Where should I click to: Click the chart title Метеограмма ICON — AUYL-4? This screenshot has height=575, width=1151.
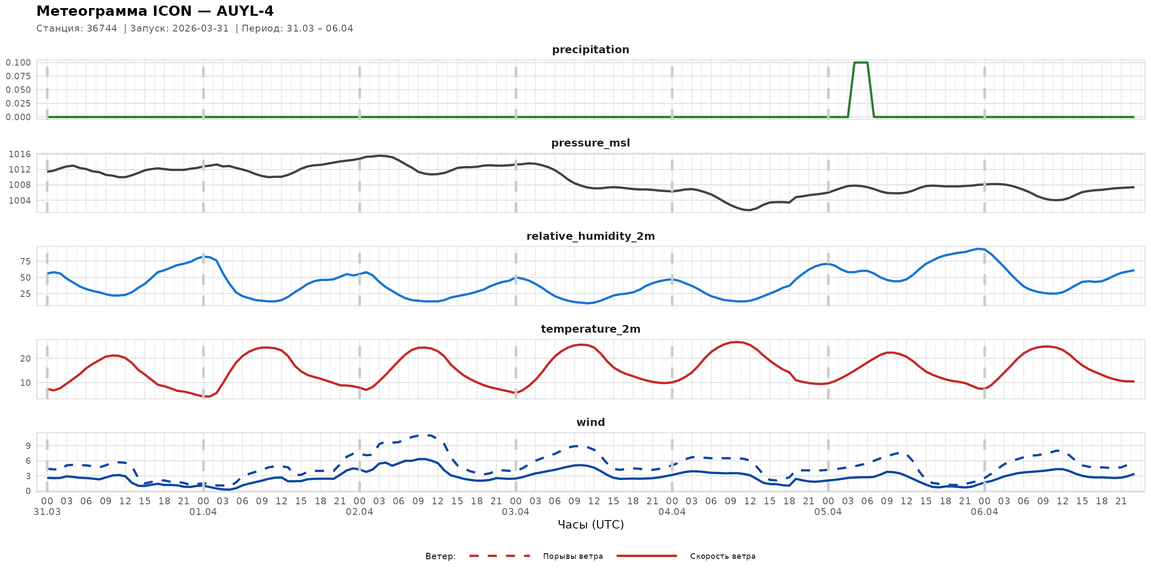(155, 11)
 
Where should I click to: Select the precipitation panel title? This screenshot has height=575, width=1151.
(590, 49)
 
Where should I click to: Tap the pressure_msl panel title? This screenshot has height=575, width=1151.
(590, 143)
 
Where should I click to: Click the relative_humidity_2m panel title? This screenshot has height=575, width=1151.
(590, 236)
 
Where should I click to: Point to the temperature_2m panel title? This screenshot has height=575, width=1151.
(590, 329)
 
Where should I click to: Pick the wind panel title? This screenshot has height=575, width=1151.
(590, 423)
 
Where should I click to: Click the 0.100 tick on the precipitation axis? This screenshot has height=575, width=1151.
(18, 63)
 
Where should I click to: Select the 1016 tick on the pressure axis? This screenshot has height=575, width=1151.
(20, 155)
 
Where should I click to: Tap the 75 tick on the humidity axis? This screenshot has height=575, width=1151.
(26, 262)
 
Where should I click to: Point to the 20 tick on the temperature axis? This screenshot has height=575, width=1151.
(26, 359)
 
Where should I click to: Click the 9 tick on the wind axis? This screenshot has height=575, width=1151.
(28, 446)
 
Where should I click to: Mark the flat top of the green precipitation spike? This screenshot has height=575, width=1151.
(861, 63)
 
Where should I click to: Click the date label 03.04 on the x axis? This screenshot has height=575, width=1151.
(516, 512)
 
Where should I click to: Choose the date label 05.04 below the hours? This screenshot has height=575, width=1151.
(828, 512)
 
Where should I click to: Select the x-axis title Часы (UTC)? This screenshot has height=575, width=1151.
(590, 525)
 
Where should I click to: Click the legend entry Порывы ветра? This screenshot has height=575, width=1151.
(573, 556)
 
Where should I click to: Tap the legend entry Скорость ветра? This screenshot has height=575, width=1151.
(723, 556)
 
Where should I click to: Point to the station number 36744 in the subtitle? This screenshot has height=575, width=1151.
(102, 29)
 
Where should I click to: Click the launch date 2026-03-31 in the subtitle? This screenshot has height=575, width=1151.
(201, 29)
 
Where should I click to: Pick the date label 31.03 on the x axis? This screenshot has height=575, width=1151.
(47, 512)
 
